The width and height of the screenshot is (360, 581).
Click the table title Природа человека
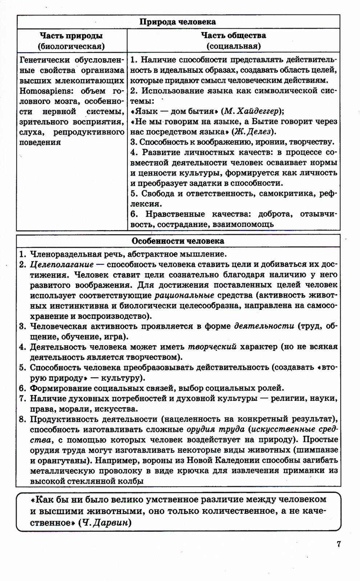click(x=178, y=22)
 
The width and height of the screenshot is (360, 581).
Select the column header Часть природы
click(x=71, y=36)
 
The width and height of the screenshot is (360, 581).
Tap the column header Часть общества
click(x=234, y=36)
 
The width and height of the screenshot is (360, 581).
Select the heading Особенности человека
click(x=178, y=241)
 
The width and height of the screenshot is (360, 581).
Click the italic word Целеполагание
click(x=62, y=264)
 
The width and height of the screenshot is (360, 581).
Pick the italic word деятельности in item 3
click(x=264, y=326)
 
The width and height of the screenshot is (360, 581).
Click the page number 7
click(x=339, y=544)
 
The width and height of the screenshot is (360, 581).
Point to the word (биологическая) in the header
click(x=71, y=46)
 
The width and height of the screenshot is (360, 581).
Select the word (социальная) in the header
click(x=234, y=46)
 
